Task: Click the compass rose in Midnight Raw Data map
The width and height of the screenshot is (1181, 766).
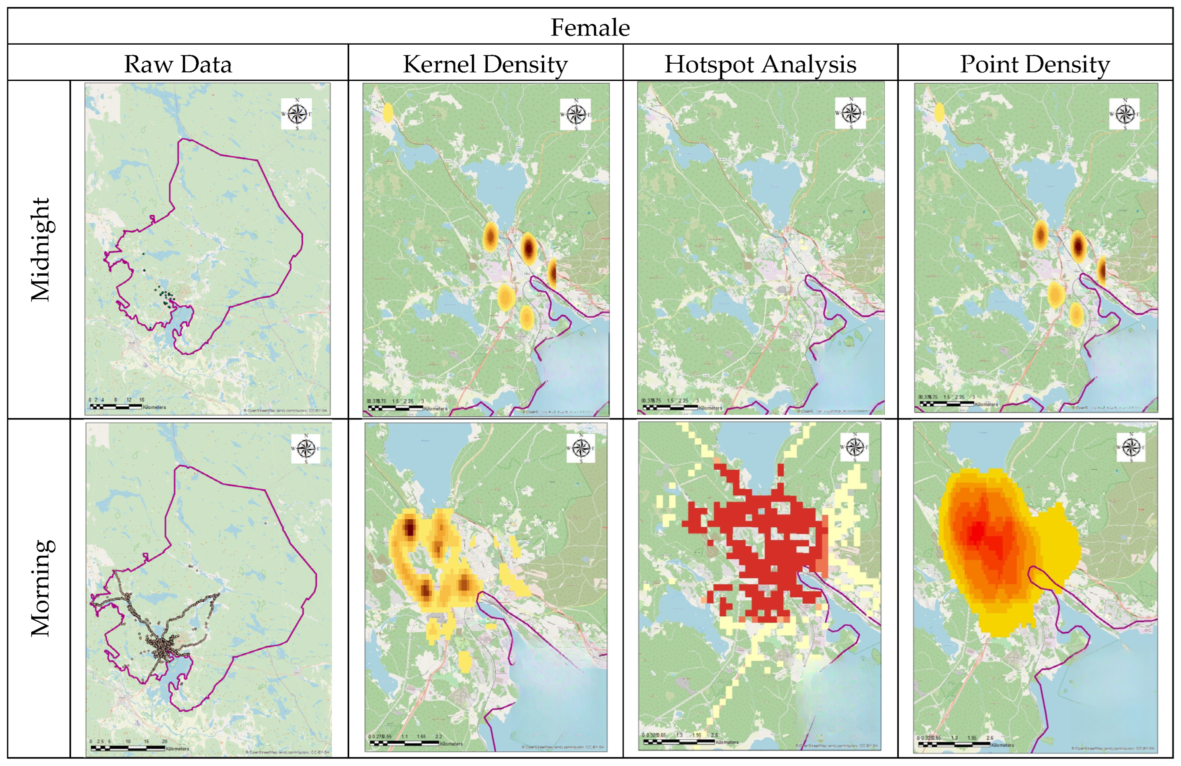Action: [x=297, y=114]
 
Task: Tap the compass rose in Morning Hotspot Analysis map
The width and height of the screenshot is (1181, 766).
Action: [x=854, y=447]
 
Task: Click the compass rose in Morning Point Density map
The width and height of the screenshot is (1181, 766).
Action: [x=1131, y=447]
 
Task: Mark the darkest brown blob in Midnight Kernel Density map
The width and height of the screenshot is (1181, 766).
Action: [x=528, y=247]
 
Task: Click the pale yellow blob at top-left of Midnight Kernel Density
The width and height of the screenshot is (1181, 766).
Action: [x=387, y=113]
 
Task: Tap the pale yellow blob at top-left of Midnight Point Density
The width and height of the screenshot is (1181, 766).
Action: [x=939, y=112]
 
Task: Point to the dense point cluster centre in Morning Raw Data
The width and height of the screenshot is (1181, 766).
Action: [x=162, y=647]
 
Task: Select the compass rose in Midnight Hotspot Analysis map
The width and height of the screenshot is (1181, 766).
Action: [x=851, y=113]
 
